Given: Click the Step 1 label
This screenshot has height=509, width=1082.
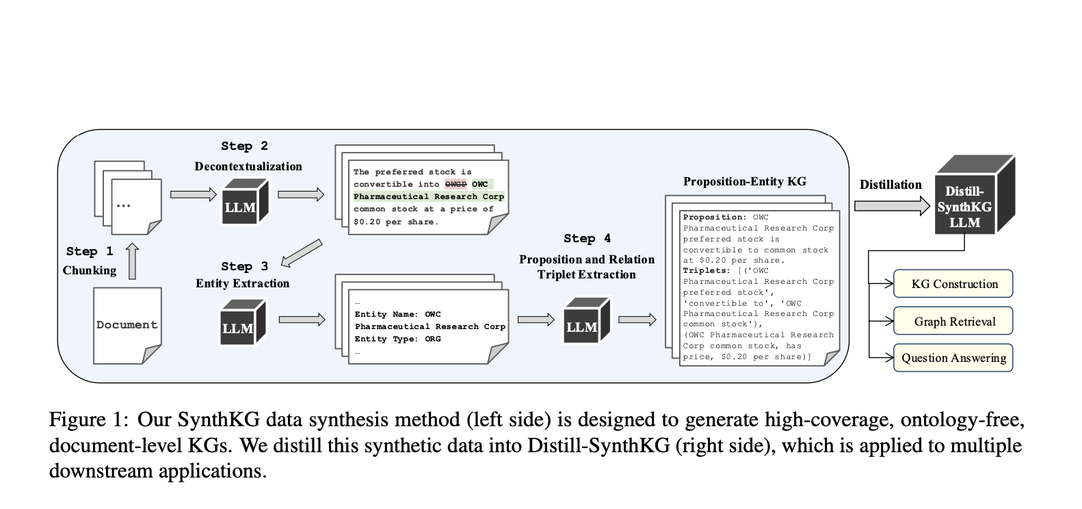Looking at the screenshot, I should coord(90,251).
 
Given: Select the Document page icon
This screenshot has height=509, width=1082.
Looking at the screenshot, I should coord(127,325).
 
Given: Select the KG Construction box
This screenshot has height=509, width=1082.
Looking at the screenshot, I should coord(953,284).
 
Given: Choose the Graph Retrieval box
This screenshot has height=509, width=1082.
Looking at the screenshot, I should coord(953,321).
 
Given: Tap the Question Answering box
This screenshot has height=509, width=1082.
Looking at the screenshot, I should coord(953,358).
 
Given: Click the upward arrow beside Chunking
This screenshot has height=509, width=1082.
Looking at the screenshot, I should coord(133,261).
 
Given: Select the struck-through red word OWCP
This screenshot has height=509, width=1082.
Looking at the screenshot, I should coord(456,184).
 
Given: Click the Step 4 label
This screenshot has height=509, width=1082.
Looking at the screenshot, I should coord(587,238).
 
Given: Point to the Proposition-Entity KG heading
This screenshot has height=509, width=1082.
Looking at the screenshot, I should coord(744,181).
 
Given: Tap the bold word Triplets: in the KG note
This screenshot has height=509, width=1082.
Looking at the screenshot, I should coord(705,271).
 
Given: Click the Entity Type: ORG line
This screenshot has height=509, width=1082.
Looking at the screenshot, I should coord(397,339).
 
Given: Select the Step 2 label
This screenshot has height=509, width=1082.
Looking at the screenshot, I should coord(244,146).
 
